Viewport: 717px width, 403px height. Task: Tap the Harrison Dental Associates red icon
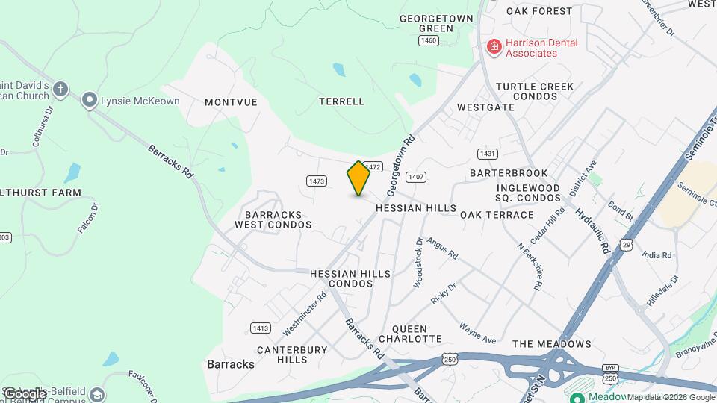click(x=494, y=48)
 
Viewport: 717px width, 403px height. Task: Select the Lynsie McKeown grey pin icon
click(x=90, y=100)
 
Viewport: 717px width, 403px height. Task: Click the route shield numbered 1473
click(x=317, y=181)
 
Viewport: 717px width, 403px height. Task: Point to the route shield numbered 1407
click(x=416, y=177)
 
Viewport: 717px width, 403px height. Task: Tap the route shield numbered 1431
click(x=488, y=154)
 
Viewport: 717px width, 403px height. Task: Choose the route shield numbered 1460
click(x=429, y=40)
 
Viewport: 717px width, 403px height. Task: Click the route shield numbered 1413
click(x=261, y=328)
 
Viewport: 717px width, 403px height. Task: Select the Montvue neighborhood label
click(x=231, y=102)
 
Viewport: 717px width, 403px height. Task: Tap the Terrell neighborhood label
click(x=341, y=101)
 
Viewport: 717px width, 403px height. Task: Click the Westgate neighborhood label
click(x=485, y=107)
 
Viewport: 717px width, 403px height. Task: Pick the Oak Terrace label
click(x=497, y=215)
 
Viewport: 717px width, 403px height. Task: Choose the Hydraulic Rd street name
click(x=593, y=228)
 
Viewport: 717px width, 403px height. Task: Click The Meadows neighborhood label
click(x=552, y=344)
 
